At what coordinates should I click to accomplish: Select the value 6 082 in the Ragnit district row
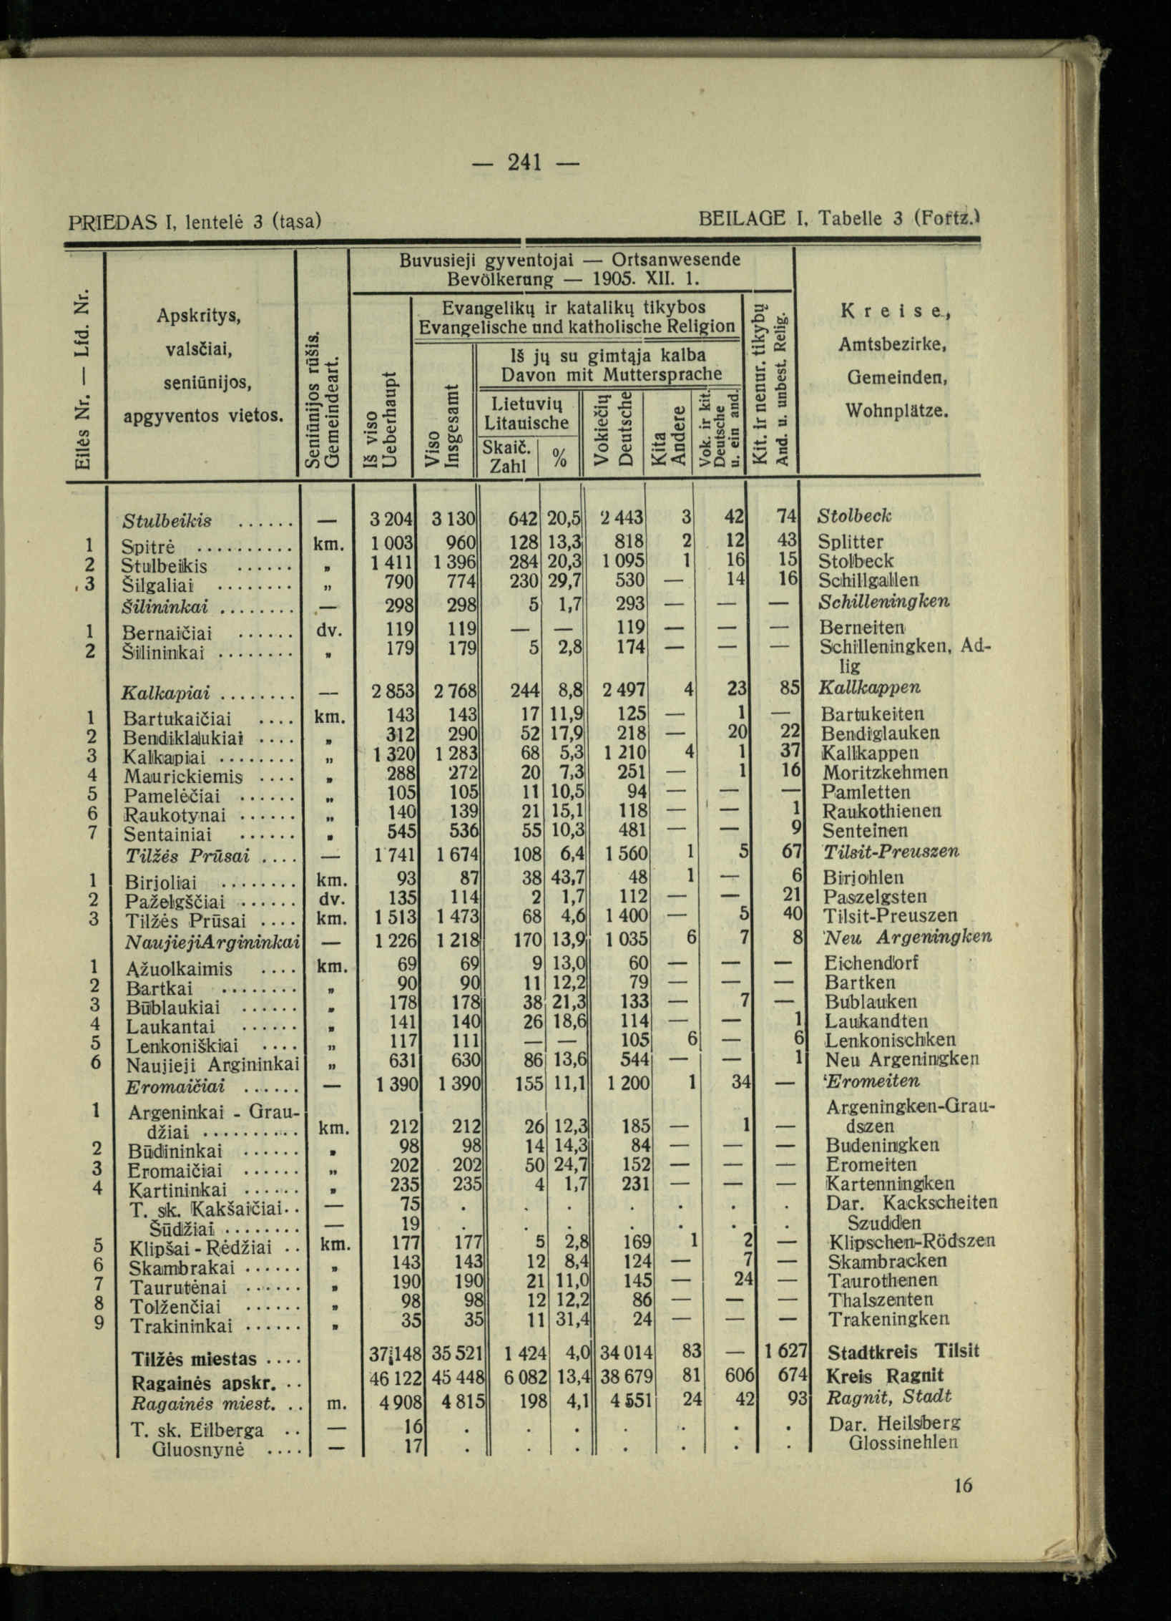coord(526,1375)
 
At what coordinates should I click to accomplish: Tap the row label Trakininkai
coord(180,1326)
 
